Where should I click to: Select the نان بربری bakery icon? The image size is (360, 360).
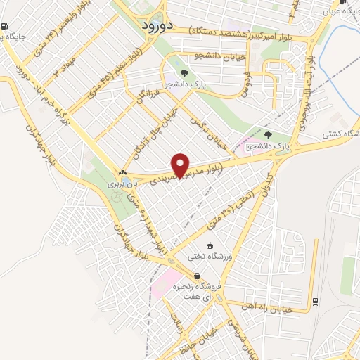point(124,172)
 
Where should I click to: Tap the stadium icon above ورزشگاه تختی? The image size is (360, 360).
point(210,245)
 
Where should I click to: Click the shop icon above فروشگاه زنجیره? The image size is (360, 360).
point(196,276)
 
